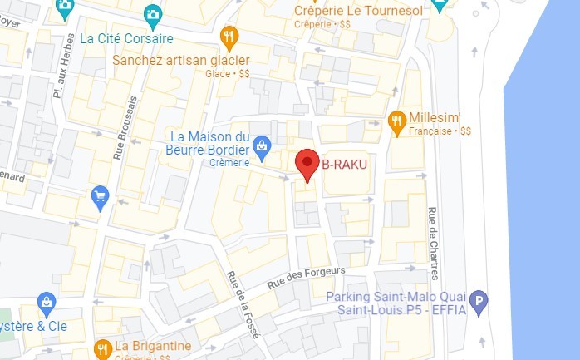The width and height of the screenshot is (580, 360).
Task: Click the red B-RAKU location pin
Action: [308, 163]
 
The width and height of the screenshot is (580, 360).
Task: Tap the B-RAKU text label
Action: [344, 164]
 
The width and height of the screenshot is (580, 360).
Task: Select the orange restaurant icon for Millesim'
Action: [397, 120]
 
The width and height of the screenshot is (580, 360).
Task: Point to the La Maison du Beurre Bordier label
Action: [209, 142]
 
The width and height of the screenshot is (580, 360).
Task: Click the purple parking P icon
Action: [478, 303]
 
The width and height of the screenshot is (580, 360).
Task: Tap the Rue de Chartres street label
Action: [434, 244]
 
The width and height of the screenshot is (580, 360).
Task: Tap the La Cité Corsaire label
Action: [126, 38]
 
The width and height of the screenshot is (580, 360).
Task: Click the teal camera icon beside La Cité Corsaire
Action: [152, 14]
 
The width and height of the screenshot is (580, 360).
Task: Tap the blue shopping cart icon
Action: [100, 197]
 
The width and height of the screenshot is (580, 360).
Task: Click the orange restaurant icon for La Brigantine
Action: [103, 348]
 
